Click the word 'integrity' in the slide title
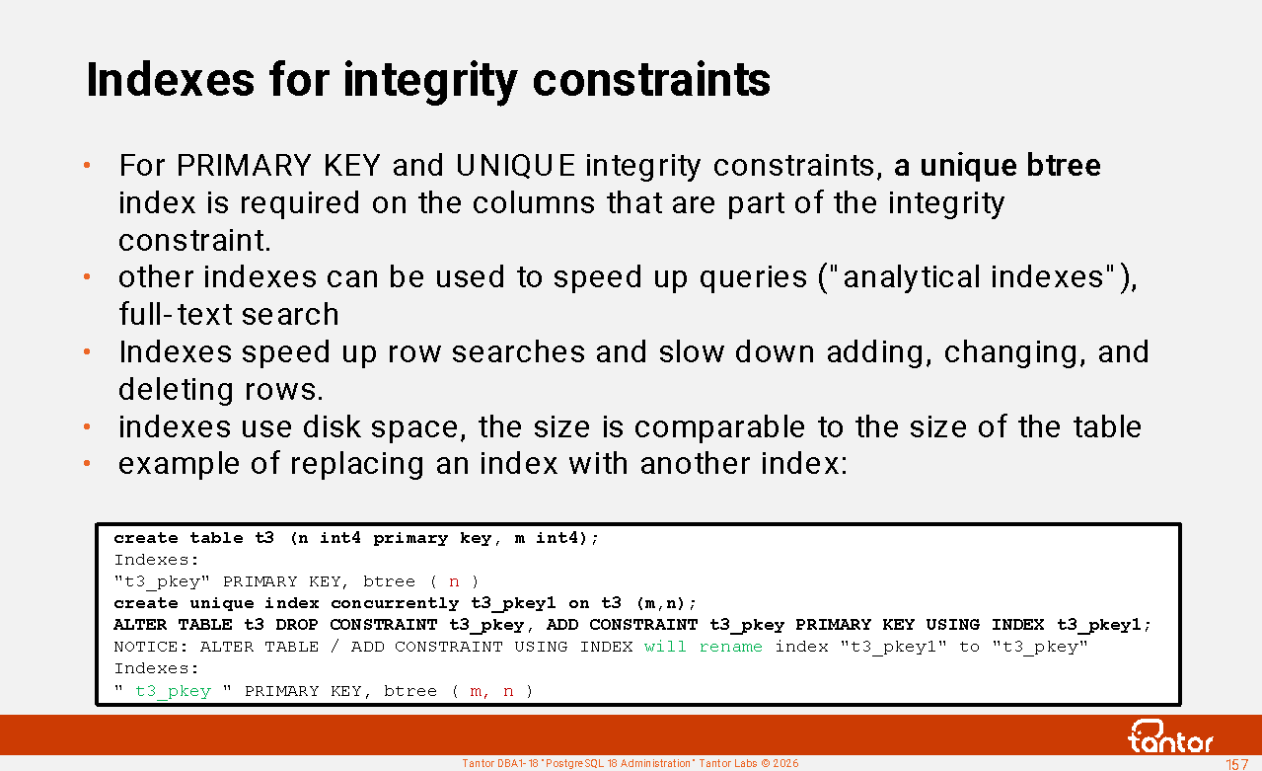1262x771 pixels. click(x=430, y=81)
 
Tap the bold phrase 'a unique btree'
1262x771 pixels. click(x=998, y=166)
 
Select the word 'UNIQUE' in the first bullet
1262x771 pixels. click(x=515, y=166)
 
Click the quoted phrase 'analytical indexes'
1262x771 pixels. click(x=973, y=277)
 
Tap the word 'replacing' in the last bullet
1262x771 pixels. click(x=356, y=464)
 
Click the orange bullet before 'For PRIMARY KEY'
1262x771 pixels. click(x=87, y=165)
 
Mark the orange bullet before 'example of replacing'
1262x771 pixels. click(x=87, y=464)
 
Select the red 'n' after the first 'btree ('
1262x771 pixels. click(x=454, y=582)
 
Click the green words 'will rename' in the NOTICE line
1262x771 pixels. click(x=704, y=647)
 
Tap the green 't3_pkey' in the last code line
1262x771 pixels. click(x=174, y=691)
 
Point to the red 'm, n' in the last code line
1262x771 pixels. click(x=491, y=691)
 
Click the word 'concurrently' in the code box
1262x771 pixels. click(x=395, y=603)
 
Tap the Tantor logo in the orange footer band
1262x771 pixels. click(x=1170, y=736)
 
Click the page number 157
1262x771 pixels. click(x=1236, y=764)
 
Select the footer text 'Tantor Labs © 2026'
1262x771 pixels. click(x=749, y=764)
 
